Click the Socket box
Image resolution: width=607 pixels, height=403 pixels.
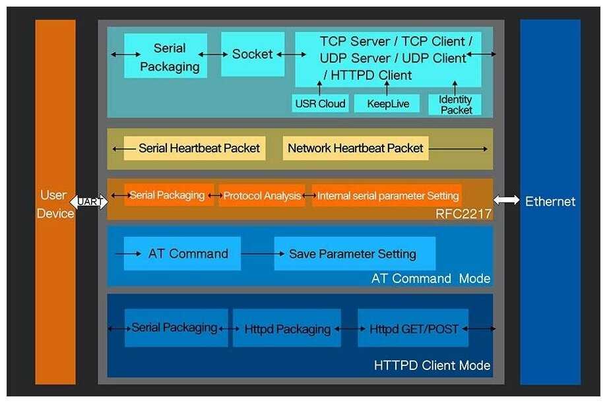coord(253,54)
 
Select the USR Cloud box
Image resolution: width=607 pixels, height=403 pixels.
coord(320,104)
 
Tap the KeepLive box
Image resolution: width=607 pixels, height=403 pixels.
coord(387,104)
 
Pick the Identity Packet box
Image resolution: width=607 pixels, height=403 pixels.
coord(455,104)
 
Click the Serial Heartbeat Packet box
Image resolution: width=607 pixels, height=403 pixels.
coord(199,148)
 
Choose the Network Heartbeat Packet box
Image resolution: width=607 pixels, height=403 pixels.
coord(355,148)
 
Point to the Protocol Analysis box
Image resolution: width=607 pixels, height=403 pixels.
coord(262,196)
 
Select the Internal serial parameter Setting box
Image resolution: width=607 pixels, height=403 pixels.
coord(387,196)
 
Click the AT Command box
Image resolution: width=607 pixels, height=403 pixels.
coord(188,253)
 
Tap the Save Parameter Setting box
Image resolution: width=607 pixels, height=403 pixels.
coord(354,254)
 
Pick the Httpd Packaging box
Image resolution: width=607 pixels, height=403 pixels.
coord(287,328)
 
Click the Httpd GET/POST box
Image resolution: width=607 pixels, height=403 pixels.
coord(413,328)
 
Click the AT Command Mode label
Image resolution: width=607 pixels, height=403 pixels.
coord(431,278)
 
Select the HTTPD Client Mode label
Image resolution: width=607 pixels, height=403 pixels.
coord(432,365)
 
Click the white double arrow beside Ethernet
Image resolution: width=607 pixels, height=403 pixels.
coord(506,201)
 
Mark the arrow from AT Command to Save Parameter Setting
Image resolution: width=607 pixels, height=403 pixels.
coord(257,253)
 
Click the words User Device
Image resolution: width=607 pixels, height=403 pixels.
coord(55,204)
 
